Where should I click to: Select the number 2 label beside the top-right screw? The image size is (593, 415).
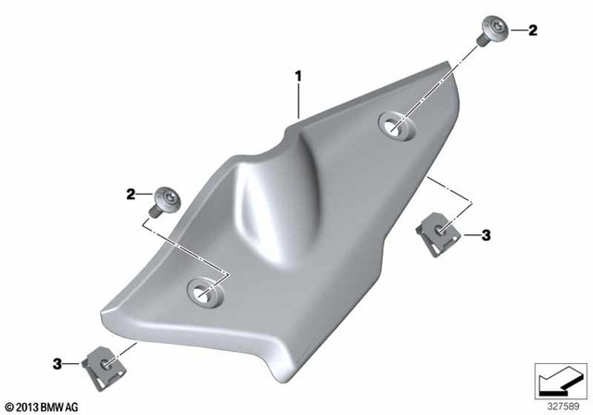533,31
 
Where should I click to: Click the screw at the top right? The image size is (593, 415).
490,31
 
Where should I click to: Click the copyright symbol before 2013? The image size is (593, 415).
9,406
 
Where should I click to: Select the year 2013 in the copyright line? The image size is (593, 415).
27,406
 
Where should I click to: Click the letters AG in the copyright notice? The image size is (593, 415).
74,406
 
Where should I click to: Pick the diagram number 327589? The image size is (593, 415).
559,405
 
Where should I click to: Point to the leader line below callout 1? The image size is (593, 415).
297,97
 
